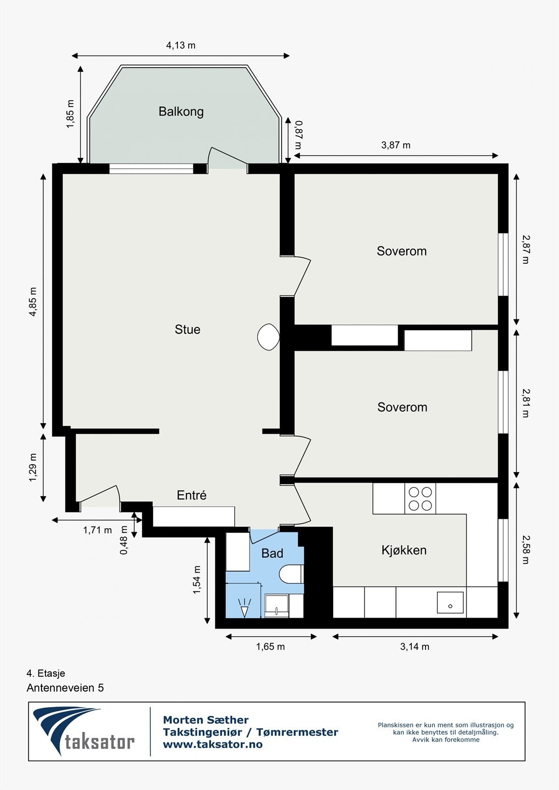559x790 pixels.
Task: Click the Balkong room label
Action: (x=181, y=112)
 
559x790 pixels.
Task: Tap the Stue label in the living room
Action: (x=187, y=329)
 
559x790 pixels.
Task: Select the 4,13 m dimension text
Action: (x=180, y=45)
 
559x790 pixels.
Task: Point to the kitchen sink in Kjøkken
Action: (x=450, y=603)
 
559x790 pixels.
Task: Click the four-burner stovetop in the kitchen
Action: (x=420, y=499)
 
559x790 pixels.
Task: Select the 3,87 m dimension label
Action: (x=395, y=145)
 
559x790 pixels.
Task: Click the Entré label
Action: (x=192, y=495)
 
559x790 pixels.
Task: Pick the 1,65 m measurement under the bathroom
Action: (x=270, y=646)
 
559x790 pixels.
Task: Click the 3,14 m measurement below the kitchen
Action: (x=415, y=646)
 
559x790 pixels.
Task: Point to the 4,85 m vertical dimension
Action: (x=33, y=302)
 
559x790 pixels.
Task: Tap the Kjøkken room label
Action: (x=404, y=550)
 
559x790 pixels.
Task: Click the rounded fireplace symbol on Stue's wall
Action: (x=269, y=337)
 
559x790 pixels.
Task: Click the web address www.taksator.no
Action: (x=213, y=745)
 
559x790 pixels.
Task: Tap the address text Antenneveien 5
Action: (x=65, y=688)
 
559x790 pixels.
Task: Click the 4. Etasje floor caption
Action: (x=46, y=673)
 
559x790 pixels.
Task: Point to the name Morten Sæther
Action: (x=206, y=720)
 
